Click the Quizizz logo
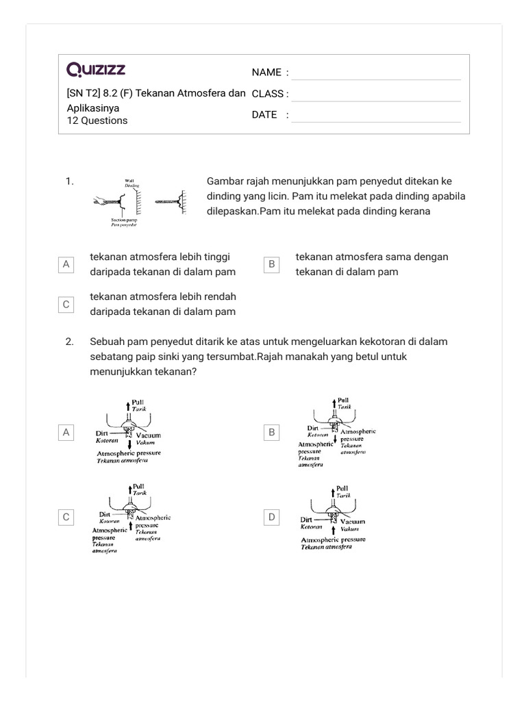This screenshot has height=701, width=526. (96, 70)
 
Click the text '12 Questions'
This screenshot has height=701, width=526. (97, 120)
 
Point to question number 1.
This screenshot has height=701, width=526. (69, 181)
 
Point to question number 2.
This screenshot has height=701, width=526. (69, 342)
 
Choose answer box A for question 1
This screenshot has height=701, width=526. (66, 264)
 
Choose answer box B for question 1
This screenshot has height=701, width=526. (272, 264)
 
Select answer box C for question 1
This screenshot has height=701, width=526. (66, 305)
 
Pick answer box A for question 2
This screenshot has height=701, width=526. (66, 432)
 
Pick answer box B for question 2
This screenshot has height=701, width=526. (272, 432)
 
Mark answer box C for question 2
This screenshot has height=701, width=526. (66, 518)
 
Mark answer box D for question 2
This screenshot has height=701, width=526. (272, 518)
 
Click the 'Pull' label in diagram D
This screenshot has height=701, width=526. (342, 488)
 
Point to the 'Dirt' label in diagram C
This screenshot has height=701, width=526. (105, 513)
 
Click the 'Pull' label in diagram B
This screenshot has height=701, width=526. (343, 400)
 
